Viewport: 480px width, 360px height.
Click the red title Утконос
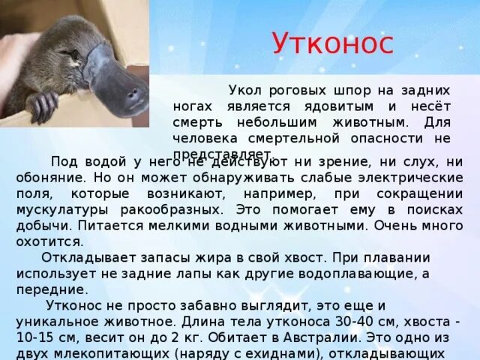[331, 44]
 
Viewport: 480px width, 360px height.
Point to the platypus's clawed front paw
[42, 105]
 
